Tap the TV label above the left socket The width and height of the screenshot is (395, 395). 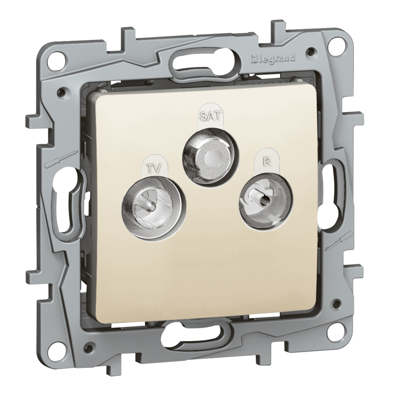(x=154, y=168)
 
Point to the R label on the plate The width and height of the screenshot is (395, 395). (x=267, y=162)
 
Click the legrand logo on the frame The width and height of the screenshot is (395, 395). (x=272, y=59)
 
